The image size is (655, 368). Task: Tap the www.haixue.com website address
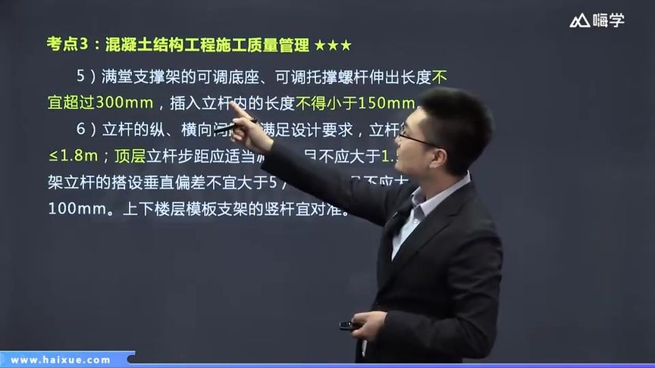pyautogui.click(x=61, y=360)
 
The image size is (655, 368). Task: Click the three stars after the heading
pyautogui.click(x=333, y=47)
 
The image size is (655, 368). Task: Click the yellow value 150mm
pyautogui.click(x=387, y=103)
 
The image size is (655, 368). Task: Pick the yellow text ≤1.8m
pyautogui.click(x=71, y=157)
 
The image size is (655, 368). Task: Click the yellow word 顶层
pyautogui.click(x=130, y=157)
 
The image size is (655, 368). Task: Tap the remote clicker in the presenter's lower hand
pyautogui.click(x=349, y=326)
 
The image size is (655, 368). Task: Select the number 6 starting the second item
pyautogui.click(x=81, y=129)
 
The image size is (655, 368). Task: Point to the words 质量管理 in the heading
pyautogui.click(x=280, y=47)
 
